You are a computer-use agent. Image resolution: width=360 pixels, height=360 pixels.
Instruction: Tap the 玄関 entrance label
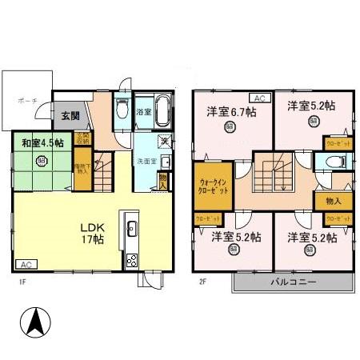click(70, 115)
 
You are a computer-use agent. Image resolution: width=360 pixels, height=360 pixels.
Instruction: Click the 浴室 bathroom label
click(144, 112)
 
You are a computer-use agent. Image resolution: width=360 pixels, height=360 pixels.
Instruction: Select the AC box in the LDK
click(26, 265)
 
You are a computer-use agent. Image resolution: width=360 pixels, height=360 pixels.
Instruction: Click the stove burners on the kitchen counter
click(132, 258)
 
